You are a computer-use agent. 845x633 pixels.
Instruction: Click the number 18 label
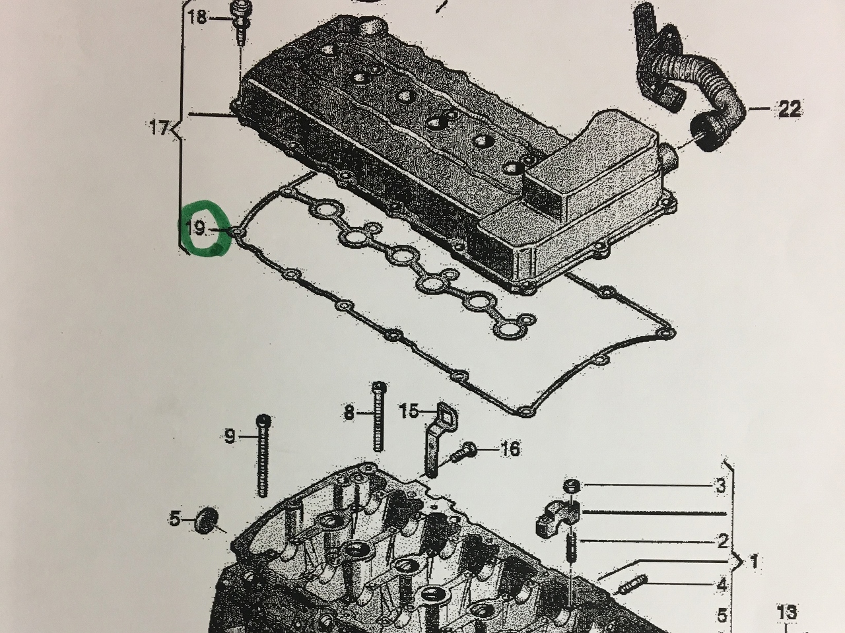(197, 18)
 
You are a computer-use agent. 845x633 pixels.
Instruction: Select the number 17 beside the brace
(159, 127)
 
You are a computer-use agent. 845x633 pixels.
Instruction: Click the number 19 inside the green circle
(195, 228)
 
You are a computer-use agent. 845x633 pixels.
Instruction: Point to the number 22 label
(789, 109)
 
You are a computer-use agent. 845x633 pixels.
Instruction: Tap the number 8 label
(349, 413)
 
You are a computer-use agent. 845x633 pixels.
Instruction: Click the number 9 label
(230, 436)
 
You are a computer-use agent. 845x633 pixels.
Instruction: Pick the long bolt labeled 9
(263, 455)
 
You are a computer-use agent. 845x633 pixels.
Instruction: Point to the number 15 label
(409, 411)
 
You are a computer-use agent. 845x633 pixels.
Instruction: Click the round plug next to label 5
(207, 520)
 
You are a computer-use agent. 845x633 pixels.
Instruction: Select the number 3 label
(721, 486)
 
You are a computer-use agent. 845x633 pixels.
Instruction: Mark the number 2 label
(723, 541)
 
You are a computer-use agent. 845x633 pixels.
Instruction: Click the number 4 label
(722, 585)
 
